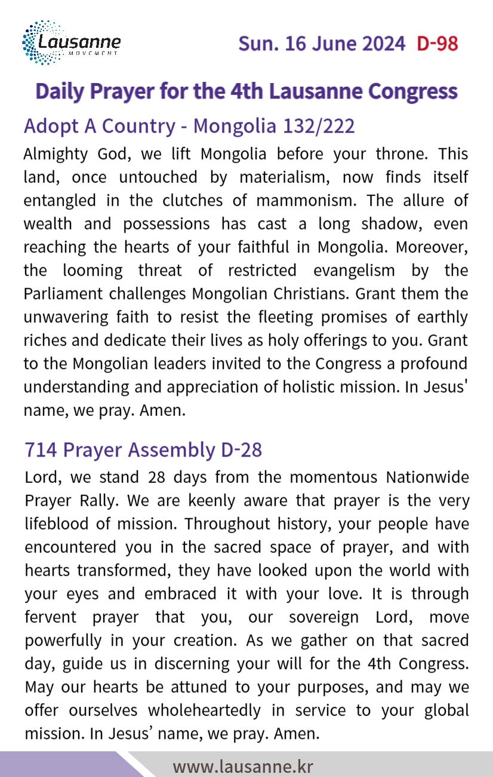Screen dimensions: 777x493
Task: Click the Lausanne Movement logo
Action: tap(71, 43)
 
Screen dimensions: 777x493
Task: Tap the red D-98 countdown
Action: tap(437, 44)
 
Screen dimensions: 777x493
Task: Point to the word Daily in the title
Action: tap(58, 91)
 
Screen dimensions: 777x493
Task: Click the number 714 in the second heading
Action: tap(40, 450)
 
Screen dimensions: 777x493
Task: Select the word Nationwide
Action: tap(427, 478)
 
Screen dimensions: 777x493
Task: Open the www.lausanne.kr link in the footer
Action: tap(243, 766)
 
